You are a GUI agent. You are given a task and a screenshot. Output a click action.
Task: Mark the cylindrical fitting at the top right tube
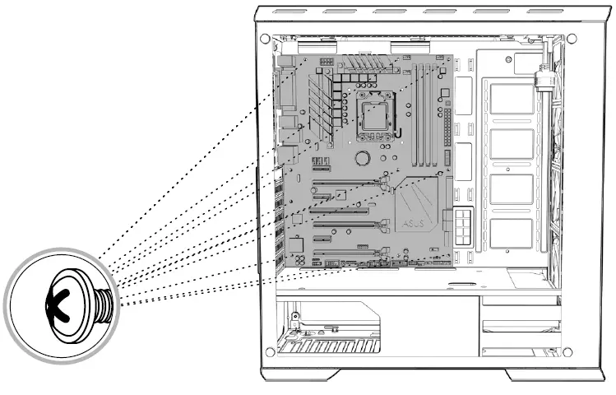[x=542, y=79]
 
